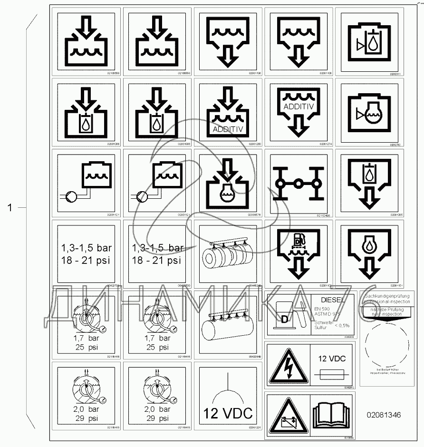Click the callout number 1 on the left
(x=9, y=207)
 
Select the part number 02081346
(x=383, y=415)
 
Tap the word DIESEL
(x=332, y=300)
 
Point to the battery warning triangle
(x=288, y=412)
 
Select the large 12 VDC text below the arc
(x=228, y=413)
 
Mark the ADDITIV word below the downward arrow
(x=228, y=129)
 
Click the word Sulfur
(x=321, y=328)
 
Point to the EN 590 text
(x=322, y=310)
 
